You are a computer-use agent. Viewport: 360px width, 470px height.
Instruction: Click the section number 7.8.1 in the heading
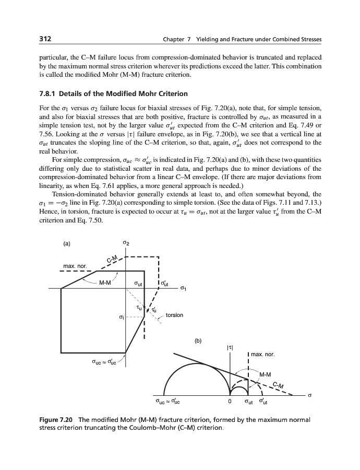51,94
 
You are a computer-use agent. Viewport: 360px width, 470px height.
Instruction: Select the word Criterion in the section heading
169,94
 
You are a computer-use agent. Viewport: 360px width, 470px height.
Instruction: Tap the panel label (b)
198,342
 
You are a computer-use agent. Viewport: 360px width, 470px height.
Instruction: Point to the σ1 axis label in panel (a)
183,288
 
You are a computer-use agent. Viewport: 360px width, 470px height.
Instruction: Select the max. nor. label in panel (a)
75,267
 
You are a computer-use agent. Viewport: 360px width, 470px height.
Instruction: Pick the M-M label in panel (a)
105,283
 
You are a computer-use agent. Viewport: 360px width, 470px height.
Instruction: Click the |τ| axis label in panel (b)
230,346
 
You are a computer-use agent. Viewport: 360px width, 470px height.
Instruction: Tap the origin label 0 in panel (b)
229,402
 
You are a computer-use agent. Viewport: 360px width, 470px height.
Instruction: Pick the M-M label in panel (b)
265,374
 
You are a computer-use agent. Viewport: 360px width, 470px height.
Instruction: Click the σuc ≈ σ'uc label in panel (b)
167,402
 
